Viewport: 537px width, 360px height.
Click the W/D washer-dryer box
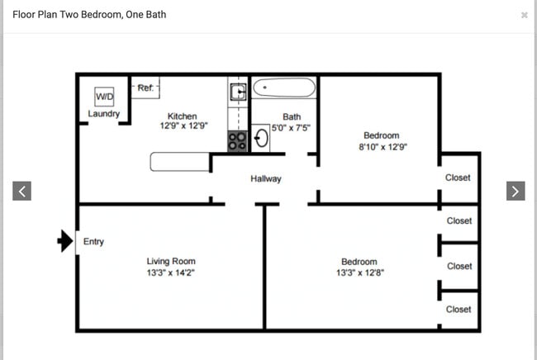105,97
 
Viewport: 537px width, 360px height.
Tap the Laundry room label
104,114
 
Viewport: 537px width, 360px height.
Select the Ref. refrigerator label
145,88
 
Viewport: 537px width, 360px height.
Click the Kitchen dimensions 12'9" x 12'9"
183,126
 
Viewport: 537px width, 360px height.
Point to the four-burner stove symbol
237,141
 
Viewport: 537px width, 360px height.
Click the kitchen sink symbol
237,92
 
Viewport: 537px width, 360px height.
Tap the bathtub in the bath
283,87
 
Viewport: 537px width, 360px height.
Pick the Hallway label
266,178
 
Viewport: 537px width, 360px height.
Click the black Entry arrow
65,241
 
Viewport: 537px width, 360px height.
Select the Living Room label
171,262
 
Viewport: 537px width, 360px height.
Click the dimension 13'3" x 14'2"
171,272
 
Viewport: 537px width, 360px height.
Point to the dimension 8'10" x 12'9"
381,146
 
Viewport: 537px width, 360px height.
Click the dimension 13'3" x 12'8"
359,272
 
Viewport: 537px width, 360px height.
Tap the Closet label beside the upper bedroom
458,178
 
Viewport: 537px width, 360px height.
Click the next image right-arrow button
515,191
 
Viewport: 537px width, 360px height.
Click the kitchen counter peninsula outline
180,162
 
